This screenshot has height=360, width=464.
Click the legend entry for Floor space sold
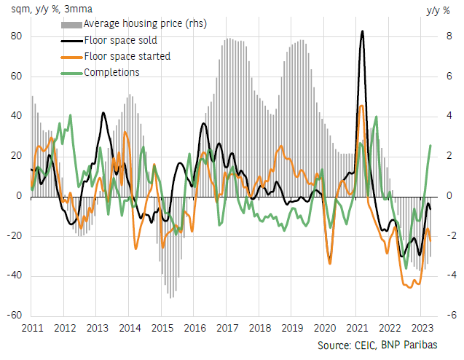coord(120,40)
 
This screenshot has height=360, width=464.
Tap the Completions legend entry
coord(111,71)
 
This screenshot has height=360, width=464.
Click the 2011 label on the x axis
coord(32,328)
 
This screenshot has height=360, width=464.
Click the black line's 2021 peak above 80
coord(363,31)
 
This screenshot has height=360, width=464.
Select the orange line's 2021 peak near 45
coord(361,106)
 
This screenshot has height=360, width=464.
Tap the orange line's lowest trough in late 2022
coord(409,287)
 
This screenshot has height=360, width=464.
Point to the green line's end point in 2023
coord(430,145)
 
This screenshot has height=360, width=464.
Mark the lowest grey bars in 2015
coord(171,297)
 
